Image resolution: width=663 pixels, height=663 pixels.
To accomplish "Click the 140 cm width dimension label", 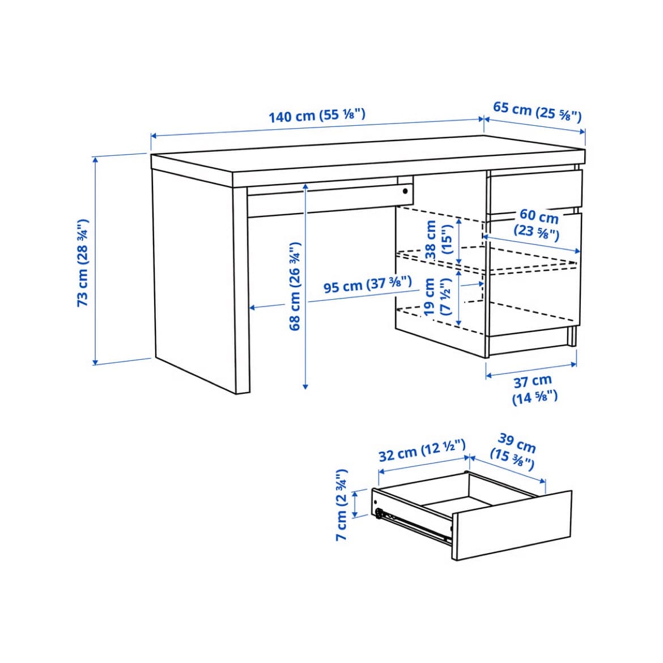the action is pos(317,115).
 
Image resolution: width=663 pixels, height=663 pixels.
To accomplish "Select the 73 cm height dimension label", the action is pos(83,263).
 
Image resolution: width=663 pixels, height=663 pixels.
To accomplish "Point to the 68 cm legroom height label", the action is pos(295,286).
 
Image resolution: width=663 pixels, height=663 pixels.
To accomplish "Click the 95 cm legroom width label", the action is pos(367,284).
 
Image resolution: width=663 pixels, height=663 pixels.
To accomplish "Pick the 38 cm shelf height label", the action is pos(439,239).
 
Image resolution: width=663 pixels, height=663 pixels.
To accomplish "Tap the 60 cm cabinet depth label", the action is pos(538,224).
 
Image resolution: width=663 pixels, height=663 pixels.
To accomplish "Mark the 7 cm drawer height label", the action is pos(341,504).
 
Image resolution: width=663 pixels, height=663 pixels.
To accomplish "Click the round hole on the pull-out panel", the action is pos(405,191).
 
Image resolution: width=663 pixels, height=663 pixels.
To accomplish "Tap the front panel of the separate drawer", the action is pos(512,525).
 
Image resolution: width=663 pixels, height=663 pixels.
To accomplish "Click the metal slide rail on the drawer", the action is pos(413,526).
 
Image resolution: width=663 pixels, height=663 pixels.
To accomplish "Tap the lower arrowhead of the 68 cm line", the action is pos(305,386).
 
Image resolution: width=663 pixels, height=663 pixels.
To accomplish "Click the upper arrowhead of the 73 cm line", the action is pos(96,160).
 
